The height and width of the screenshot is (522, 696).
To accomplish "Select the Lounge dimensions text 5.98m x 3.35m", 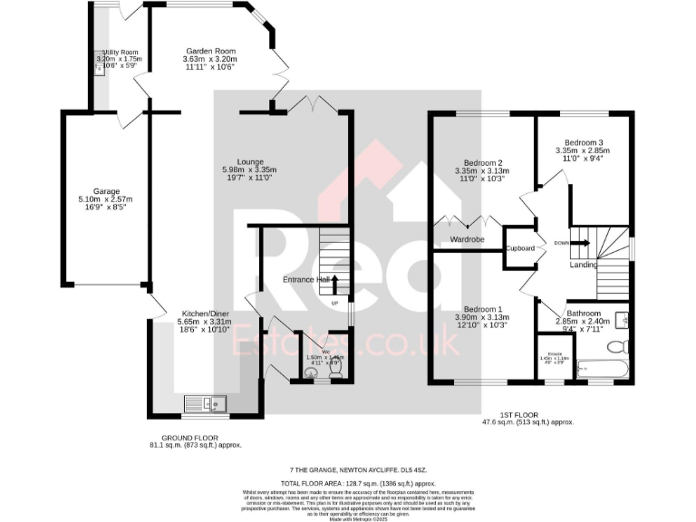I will point(249,170).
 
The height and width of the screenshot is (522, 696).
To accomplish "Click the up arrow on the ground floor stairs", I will point(334,285).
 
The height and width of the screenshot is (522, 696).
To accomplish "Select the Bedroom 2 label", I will point(478,163).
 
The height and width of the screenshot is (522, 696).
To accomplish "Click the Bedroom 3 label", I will point(584,142).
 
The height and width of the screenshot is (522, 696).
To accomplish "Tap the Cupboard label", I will point(520,247).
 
